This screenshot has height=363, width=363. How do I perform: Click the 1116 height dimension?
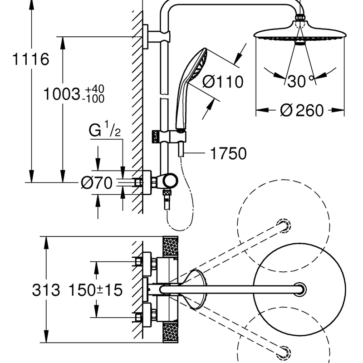[30, 59]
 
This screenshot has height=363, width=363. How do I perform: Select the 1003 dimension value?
[62, 94]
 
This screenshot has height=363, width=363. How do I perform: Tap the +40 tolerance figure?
[95, 89]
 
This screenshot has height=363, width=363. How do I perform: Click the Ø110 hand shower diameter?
[223, 82]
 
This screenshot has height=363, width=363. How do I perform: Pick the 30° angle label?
[300, 81]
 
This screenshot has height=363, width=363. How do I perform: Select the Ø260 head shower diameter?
[302, 110]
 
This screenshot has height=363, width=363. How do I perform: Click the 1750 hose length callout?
[228, 153]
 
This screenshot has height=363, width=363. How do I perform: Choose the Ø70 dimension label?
[97, 183]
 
